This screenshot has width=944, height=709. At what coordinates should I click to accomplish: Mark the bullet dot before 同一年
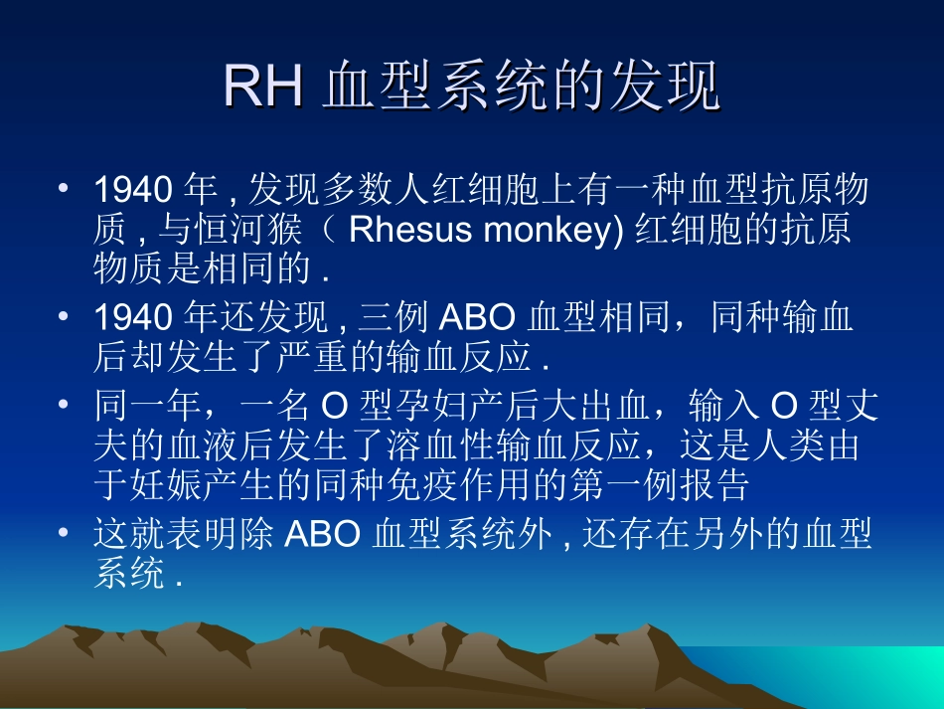pyautogui.click(x=65, y=405)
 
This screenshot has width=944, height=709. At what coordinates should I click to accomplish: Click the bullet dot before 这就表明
pyautogui.click(x=65, y=534)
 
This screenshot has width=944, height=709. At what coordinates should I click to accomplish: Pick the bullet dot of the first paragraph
pyautogui.click(x=65, y=188)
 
